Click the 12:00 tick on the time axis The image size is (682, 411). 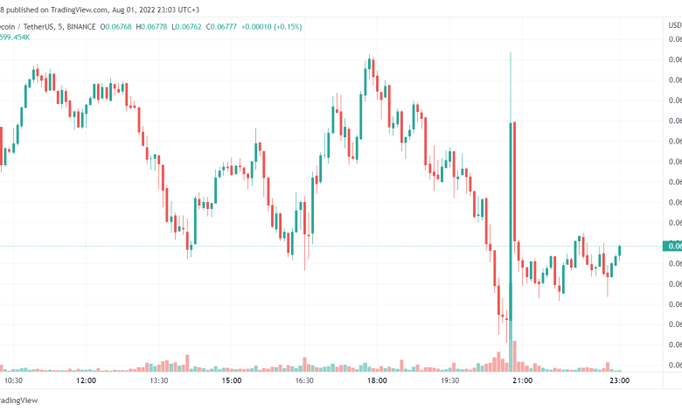coord(86,381)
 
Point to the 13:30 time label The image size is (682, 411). coord(157,381)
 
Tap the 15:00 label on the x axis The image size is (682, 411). coord(231,381)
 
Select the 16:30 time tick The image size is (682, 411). coord(303,381)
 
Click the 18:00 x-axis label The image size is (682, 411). coord(376,381)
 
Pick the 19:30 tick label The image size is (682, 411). coord(449,381)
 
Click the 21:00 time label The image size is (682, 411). coord(521,381)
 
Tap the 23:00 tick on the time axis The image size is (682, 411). coord(620,381)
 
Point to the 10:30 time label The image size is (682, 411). coord(13,381)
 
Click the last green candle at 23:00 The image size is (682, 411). coord(619,251)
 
